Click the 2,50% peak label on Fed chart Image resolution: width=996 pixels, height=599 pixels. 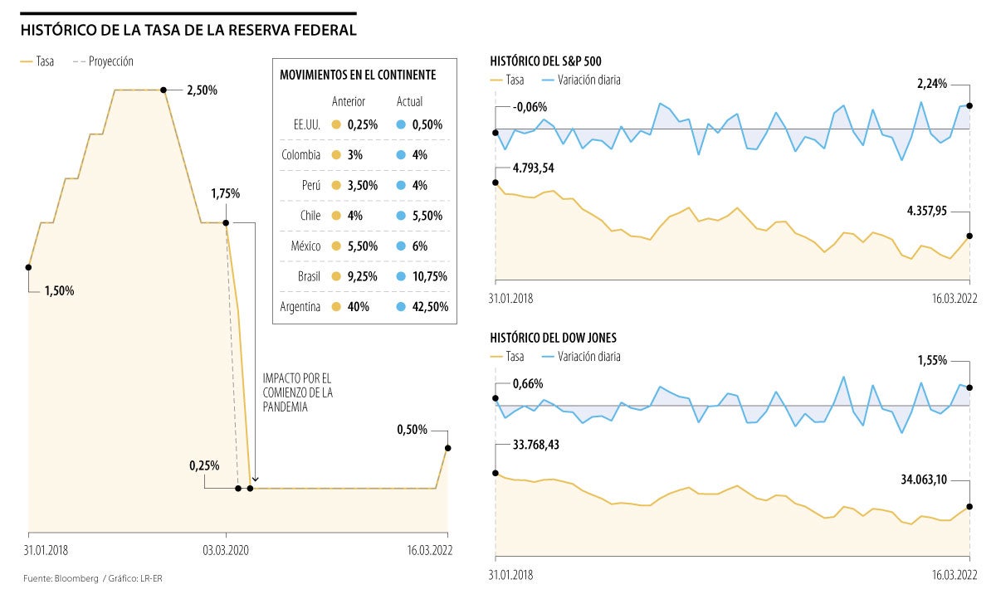point(203,90)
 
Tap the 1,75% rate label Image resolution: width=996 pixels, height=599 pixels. point(225,193)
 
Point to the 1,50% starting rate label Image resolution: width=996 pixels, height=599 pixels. point(59,291)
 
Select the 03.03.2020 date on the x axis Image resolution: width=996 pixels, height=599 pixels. point(226,549)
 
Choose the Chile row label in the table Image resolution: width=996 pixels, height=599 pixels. point(310,216)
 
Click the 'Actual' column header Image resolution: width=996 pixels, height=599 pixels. point(409,101)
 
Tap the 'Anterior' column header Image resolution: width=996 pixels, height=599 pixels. point(349,101)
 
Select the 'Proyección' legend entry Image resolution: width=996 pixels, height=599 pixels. point(110,61)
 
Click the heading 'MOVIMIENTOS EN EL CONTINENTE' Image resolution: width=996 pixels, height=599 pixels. point(358,75)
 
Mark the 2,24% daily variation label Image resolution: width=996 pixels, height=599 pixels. point(931,84)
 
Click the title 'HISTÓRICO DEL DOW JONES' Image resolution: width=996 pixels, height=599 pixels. point(553,338)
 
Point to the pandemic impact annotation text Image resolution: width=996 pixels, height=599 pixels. point(297,392)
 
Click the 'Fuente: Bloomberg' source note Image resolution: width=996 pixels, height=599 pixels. point(60,577)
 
